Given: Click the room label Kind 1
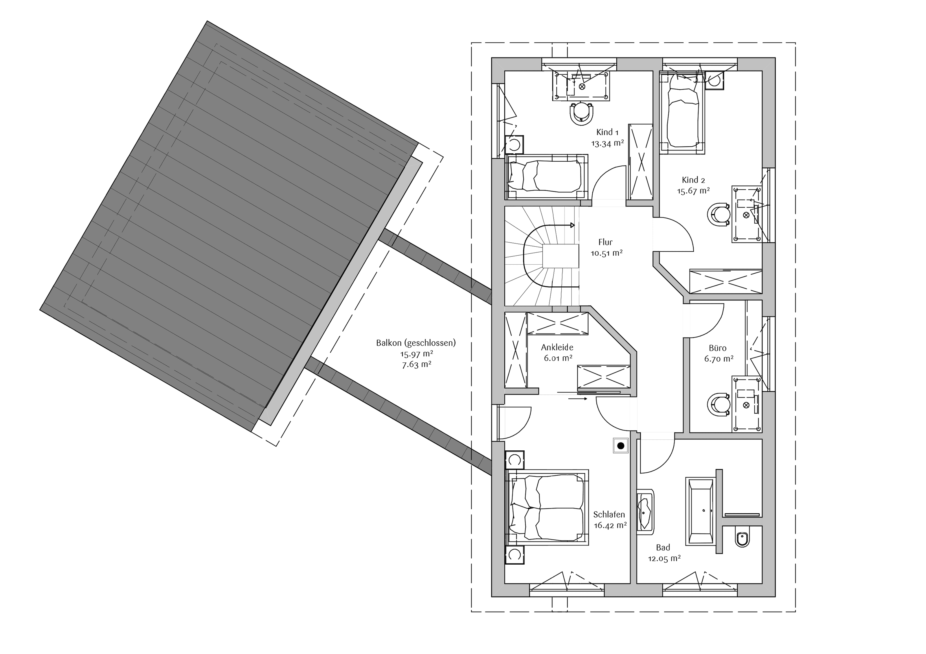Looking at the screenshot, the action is click(607, 132).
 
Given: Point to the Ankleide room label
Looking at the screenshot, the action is click(557, 347).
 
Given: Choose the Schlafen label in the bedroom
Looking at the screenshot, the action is click(609, 515).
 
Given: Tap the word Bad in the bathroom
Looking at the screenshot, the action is click(663, 548).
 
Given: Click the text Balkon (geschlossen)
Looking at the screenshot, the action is click(416, 343).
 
